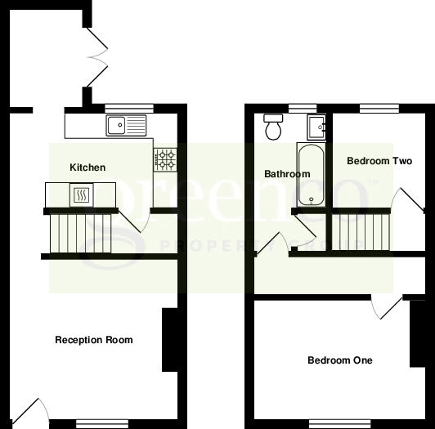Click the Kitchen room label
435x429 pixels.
click(87, 168)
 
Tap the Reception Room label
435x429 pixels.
click(93, 340)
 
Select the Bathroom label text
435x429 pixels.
click(287, 174)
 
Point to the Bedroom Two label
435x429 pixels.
click(379, 161)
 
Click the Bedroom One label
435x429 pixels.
click(339, 360)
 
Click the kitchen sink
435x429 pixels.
click(125, 125)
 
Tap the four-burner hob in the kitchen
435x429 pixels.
click(166, 159)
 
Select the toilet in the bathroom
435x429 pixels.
click(273, 127)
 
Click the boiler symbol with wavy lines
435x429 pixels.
click(82, 194)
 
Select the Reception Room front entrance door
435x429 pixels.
click(29, 413)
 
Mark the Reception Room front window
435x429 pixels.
click(102, 423)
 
